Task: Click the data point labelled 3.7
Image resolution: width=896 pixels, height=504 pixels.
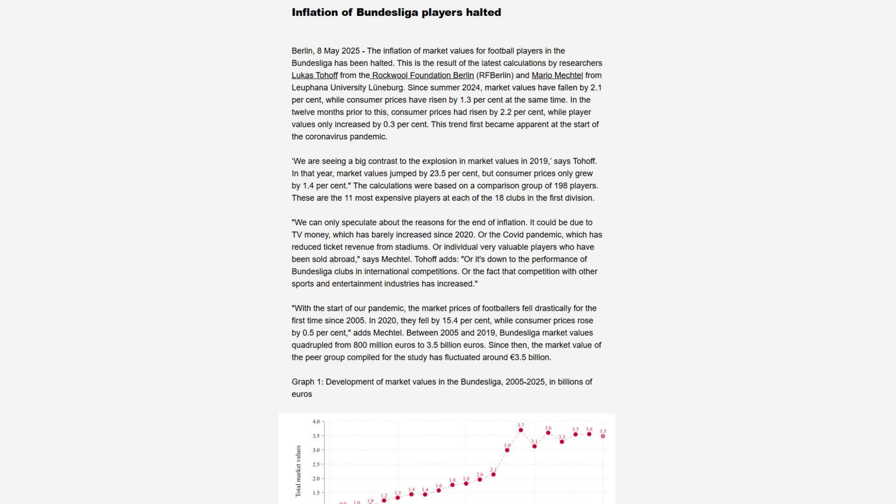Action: [521, 430]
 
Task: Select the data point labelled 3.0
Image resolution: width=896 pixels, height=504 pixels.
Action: [507, 450]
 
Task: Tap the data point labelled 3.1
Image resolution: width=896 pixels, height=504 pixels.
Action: [534, 447]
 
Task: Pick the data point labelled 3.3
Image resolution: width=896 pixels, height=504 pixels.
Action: [562, 442]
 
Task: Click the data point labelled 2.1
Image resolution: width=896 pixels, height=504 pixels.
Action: [493, 475]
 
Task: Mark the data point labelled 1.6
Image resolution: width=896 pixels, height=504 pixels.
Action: [439, 490]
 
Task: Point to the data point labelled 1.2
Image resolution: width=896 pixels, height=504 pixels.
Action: [384, 501]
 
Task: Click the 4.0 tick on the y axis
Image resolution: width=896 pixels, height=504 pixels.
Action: [316, 422]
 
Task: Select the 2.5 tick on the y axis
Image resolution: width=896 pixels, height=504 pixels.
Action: [316, 464]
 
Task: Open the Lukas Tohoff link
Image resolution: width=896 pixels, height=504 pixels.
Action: [315, 76]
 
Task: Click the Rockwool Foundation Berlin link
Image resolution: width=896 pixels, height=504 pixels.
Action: [423, 76]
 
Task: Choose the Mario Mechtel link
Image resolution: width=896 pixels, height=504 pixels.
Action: [557, 76]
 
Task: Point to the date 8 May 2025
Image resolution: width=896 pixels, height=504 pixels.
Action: [338, 51]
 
